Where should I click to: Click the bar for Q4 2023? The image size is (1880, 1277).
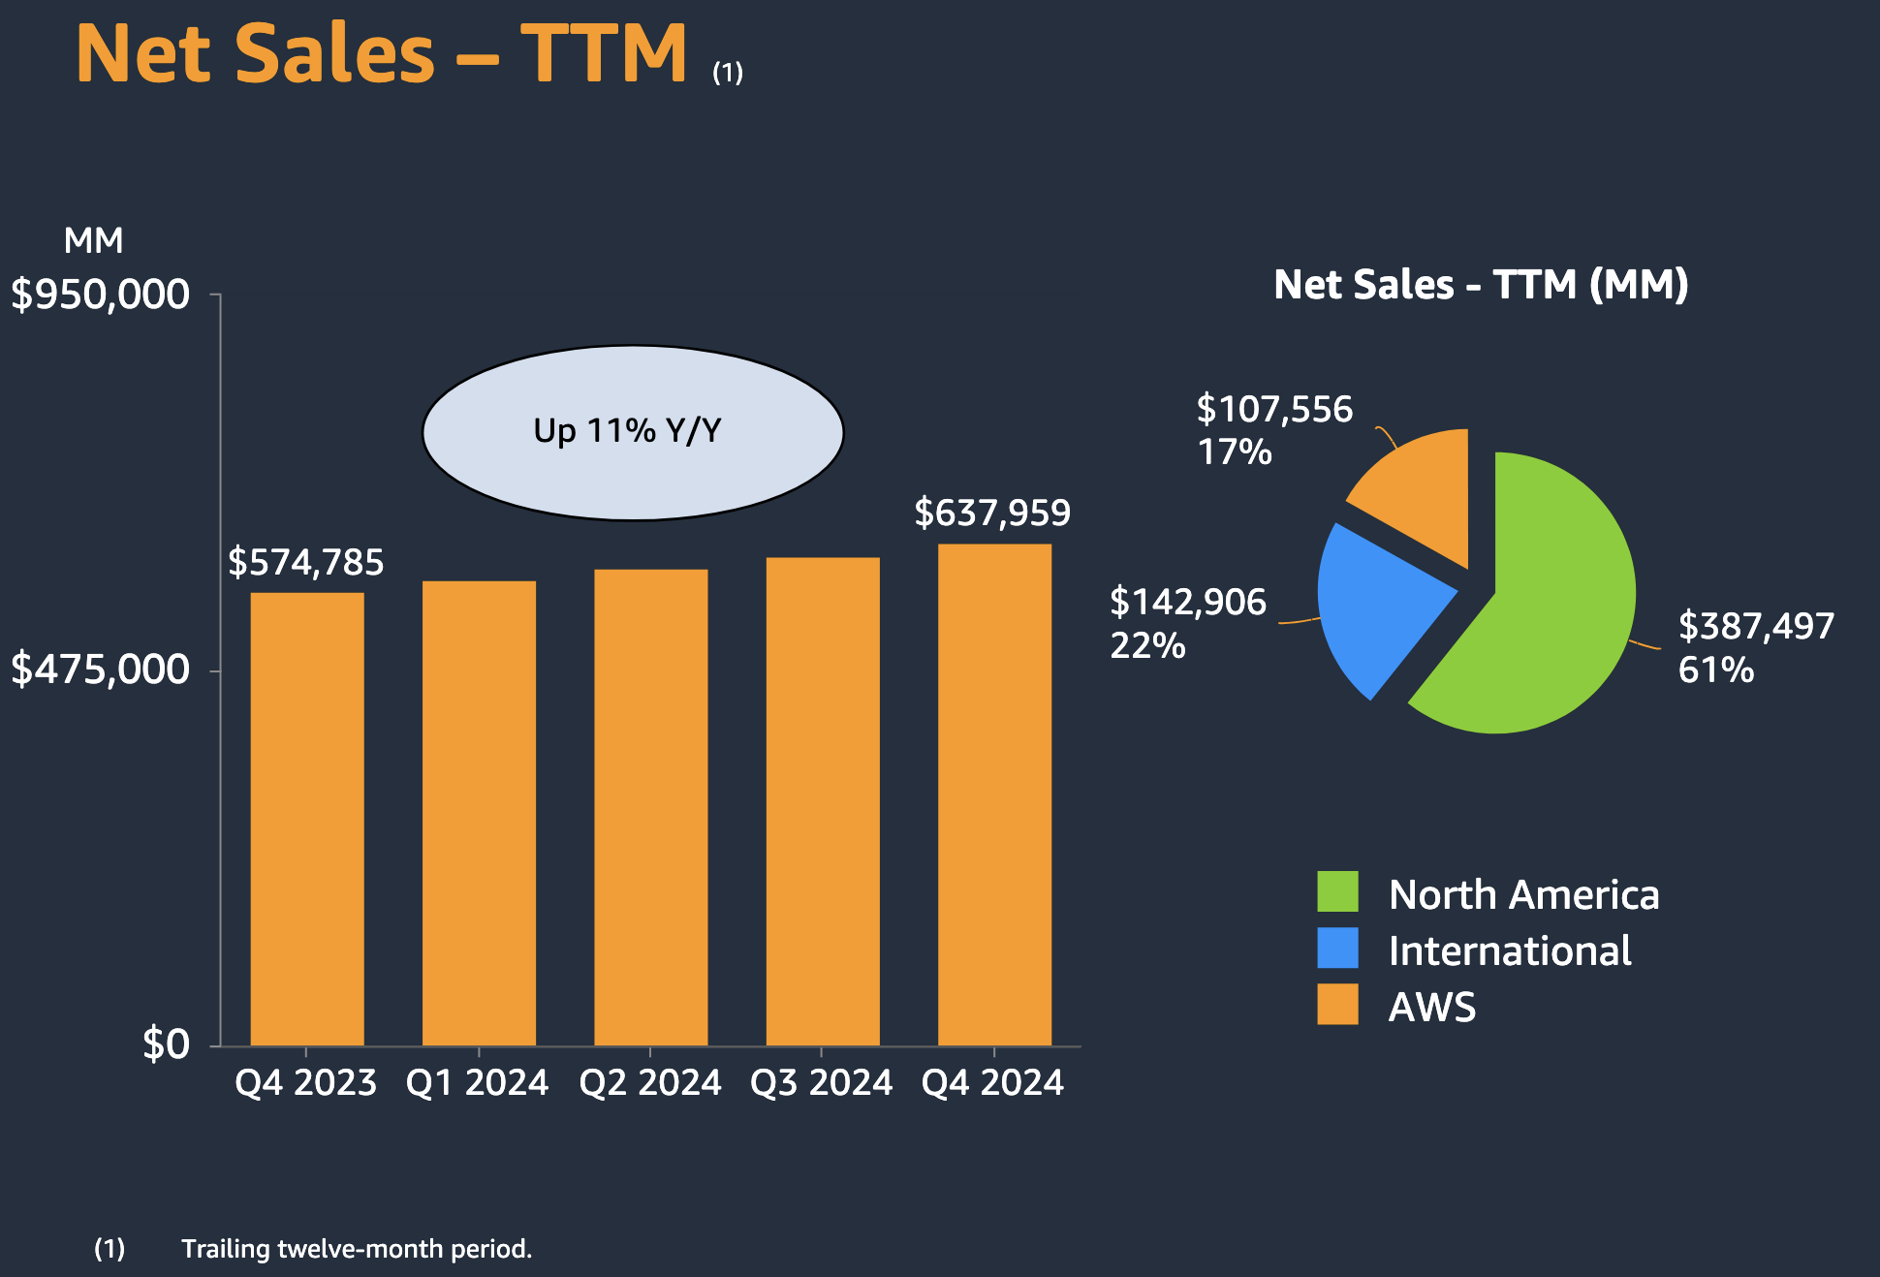(307, 819)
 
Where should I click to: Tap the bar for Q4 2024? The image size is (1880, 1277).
(994, 794)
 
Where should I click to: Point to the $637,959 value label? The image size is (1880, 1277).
(992, 513)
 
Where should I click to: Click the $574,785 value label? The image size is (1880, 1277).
(305, 562)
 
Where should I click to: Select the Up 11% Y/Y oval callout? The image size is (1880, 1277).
(632, 432)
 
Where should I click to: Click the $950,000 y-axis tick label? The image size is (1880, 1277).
(100, 295)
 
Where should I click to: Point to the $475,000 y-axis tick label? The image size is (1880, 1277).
(100, 670)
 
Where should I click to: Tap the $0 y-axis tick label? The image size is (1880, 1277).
(166, 1044)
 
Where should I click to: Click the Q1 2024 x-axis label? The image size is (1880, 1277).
(477, 1082)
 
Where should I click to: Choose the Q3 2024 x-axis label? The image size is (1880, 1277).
(821, 1082)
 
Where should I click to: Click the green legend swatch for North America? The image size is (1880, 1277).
(1337, 891)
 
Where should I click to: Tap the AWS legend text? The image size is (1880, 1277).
(1431, 1008)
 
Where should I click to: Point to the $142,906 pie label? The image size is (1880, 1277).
(1187, 603)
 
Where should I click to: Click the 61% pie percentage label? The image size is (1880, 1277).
(1715, 670)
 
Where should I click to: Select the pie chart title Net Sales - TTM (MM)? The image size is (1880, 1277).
(1481, 285)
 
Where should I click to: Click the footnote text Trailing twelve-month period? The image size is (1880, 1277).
(357, 1249)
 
